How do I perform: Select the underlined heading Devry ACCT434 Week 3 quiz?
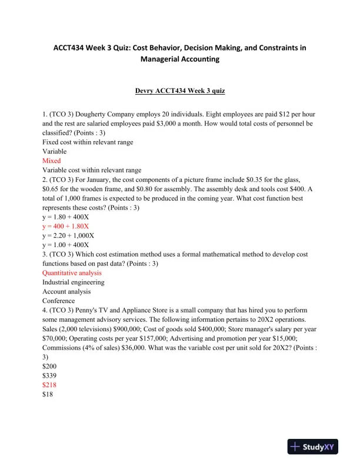click(179, 92)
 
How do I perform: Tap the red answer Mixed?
click(51, 160)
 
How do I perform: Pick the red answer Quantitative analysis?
click(72, 273)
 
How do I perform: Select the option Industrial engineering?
click(74, 282)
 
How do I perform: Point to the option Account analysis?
click(66, 292)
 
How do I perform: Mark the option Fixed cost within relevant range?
click(88, 142)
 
